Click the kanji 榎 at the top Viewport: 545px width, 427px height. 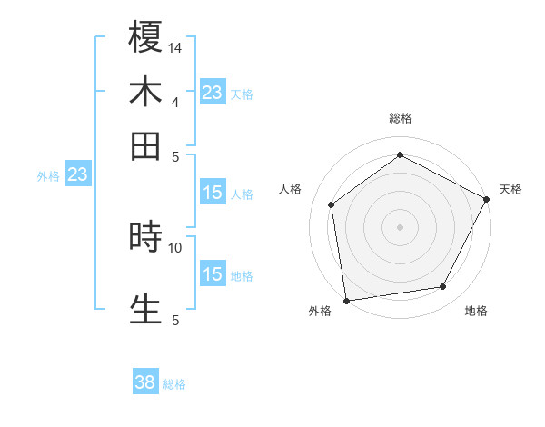[145, 37]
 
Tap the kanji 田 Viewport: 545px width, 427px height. [145, 145]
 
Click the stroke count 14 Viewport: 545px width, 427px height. [175, 47]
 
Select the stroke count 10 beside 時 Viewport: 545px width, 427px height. [175, 246]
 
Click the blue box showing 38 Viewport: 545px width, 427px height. [145, 382]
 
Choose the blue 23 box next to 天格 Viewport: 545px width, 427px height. [213, 93]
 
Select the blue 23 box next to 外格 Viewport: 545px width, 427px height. [77, 174]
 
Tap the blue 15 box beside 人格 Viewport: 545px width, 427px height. [213, 192]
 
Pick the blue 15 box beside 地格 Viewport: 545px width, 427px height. [213, 273]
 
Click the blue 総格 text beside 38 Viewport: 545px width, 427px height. [174, 384]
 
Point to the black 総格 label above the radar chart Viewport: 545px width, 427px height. [401, 118]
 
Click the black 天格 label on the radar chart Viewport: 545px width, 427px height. [510, 189]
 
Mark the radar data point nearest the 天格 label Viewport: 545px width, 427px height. [487, 199]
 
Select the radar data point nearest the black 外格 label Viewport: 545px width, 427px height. [346, 300]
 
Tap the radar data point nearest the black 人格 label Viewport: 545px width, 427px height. [332, 204]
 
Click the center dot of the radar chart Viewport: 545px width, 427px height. [401, 226]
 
